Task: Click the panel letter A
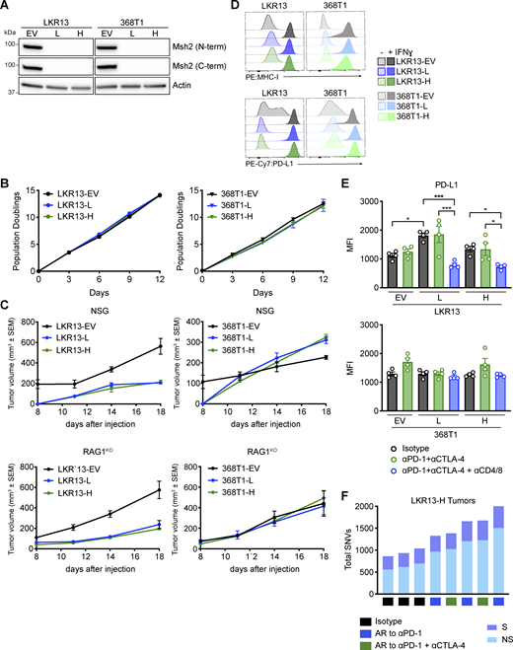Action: tap(8, 8)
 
